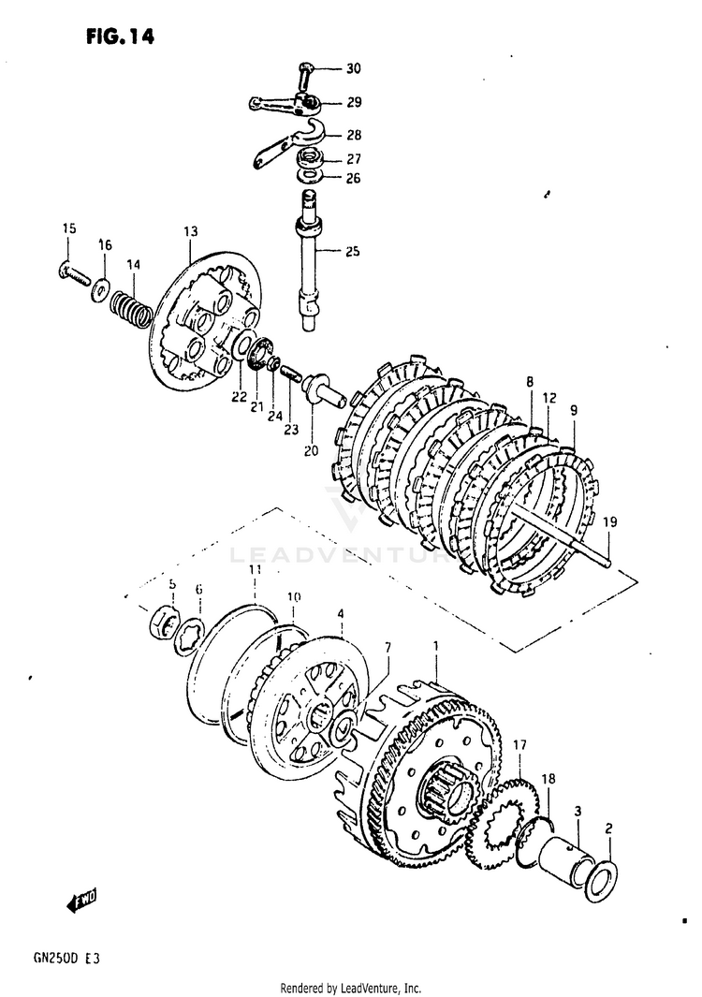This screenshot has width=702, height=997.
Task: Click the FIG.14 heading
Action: click(x=119, y=37)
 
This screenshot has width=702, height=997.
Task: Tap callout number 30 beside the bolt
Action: click(x=352, y=68)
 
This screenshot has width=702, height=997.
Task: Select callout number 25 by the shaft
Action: click(x=352, y=251)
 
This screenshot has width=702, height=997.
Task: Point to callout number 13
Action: click(x=190, y=231)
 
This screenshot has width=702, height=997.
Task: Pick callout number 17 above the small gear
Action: click(x=519, y=745)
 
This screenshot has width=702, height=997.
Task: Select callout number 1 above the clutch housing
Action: click(x=435, y=646)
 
